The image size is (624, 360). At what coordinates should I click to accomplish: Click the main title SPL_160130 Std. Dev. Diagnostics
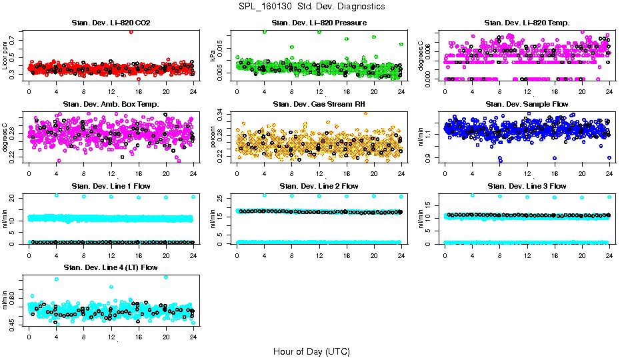(x=311, y=7)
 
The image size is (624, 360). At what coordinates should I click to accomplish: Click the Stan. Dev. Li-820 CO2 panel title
(x=111, y=23)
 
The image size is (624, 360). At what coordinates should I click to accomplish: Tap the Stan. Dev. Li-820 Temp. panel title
(x=527, y=23)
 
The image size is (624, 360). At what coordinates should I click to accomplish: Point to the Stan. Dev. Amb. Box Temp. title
(x=111, y=104)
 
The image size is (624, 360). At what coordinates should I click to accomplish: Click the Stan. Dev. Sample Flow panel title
(x=527, y=104)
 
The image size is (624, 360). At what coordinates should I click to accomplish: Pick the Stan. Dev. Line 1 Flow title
(x=111, y=186)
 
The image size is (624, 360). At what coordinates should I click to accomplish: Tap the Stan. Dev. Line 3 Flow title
(x=527, y=186)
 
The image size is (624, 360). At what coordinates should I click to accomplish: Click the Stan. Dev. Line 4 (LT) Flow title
(x=111, y=267)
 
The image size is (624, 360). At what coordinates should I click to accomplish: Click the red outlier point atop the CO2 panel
(x=131, y=31)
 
